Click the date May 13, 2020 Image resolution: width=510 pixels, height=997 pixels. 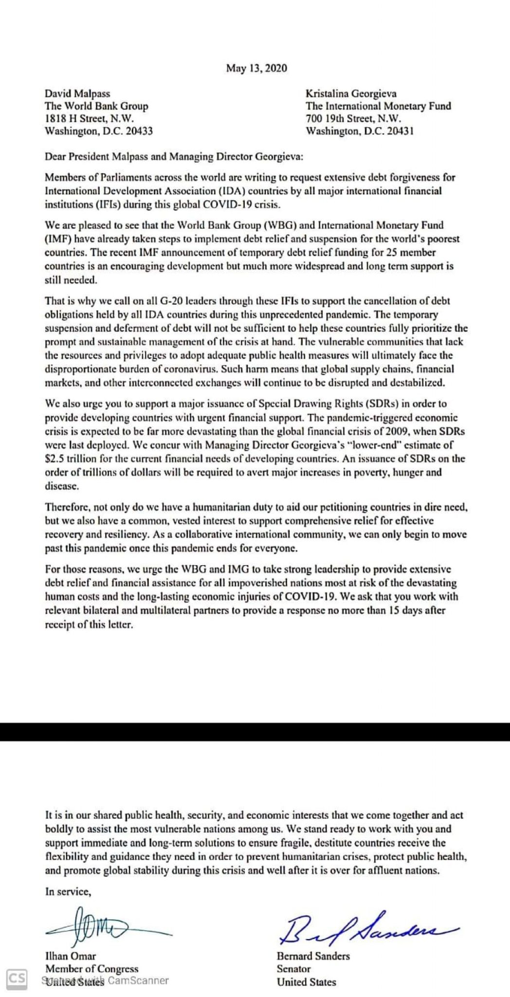coord(256,68)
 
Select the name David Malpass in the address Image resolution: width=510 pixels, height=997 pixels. coord(76,93)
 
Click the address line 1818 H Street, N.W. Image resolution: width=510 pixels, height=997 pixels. coord(89,118)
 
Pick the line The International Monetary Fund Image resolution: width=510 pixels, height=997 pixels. coord(378,106)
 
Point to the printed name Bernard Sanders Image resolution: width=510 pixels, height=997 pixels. coord(313,956)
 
